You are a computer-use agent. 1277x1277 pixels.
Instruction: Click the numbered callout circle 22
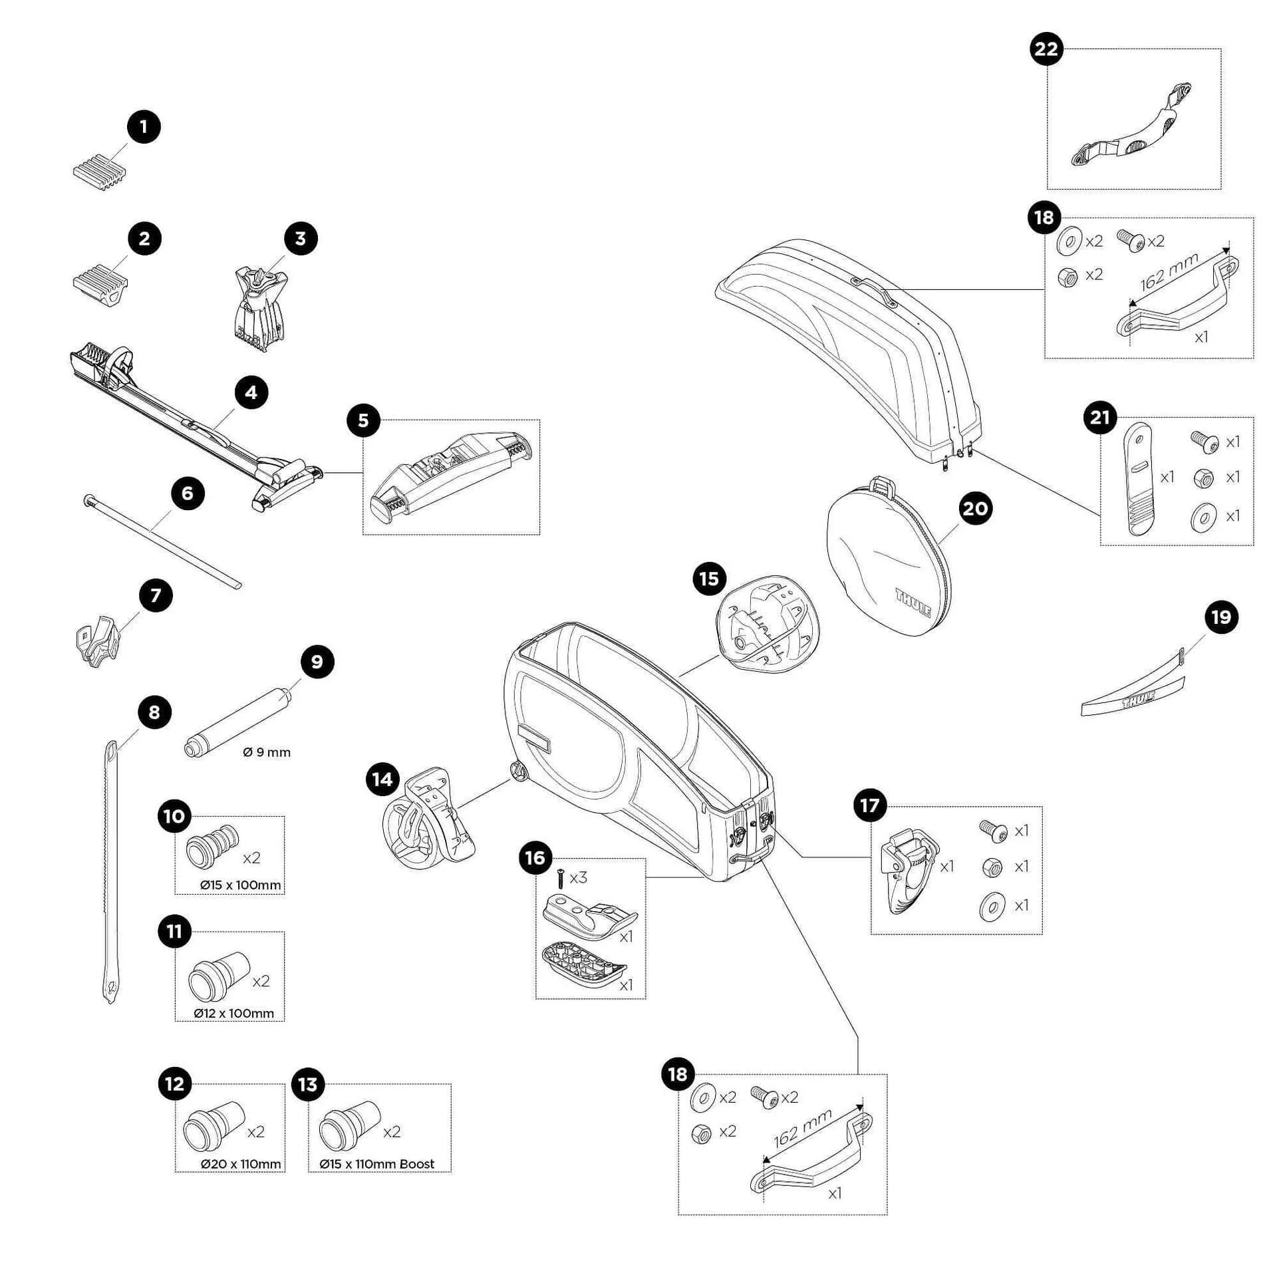coord(1046,49)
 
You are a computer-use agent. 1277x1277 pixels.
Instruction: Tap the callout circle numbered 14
coord(382,779)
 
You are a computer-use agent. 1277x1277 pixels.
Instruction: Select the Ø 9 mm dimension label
coord(267,752)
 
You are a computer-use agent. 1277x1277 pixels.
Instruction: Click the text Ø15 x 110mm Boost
coord(376,1164)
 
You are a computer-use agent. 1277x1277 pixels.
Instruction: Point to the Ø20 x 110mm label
coord(241,1164)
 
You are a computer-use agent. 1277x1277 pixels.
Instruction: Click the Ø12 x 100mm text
coord(234,1013)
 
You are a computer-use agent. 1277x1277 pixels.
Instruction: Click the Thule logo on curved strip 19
coord(1138,702)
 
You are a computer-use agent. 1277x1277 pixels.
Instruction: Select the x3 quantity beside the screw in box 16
coord(578,878)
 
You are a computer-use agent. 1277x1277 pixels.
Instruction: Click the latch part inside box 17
coord(909,871)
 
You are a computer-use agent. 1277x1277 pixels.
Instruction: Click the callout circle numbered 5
coord(363,420)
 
